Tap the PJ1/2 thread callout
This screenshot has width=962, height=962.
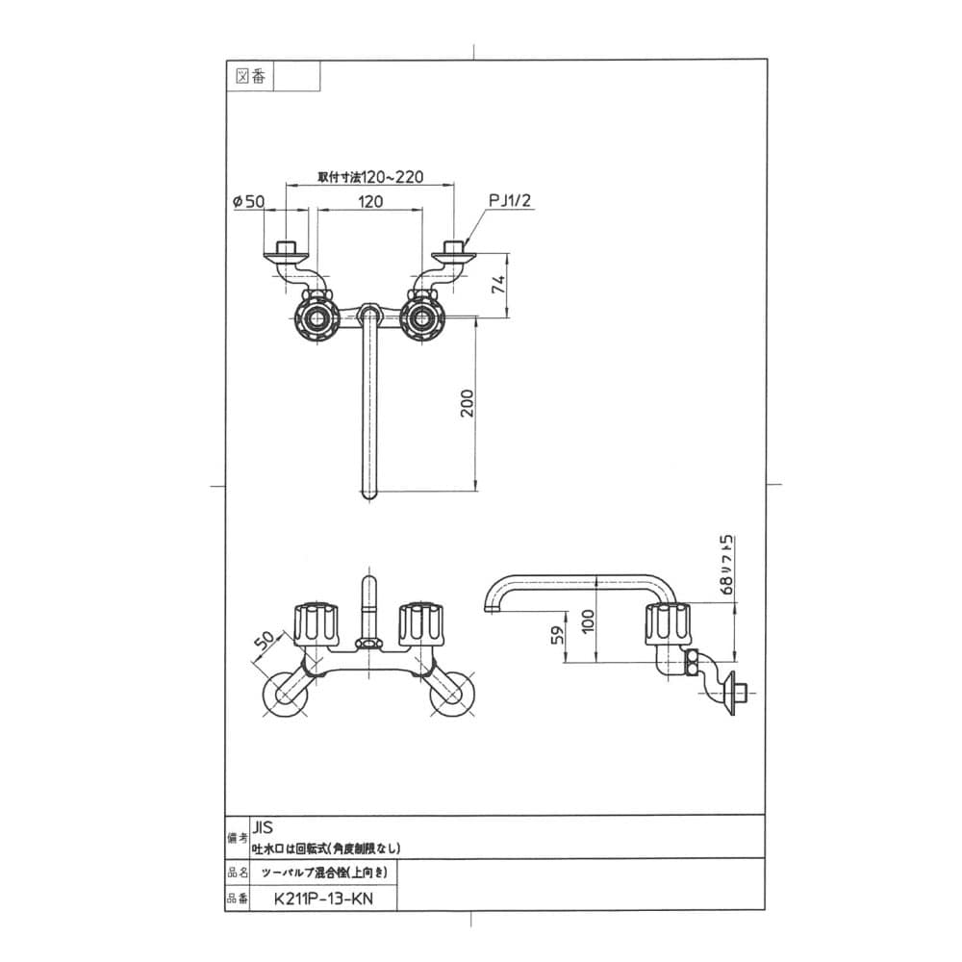click(x=510, y=200)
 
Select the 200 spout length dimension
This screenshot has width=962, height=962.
click(x=468, y=403)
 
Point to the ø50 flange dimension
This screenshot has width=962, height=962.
click(x=248, y=201)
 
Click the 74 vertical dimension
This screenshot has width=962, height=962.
click(x=498, y=284)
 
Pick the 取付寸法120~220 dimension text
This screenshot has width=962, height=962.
click(x=370, y=177)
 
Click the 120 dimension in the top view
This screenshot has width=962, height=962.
click(x=370, y=201)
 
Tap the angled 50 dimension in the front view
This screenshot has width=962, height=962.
click(x=266, y=641)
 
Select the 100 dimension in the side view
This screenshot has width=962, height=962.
click(x=588, y=621)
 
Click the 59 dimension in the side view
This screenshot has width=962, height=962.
click(x=557, y=635)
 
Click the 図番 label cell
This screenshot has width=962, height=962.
click(x=250, y=77)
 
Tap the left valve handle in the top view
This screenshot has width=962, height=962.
click(x=316, y=318)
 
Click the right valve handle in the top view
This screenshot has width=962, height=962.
click(x=421, y=318)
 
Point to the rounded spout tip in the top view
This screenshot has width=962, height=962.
click(x=368, y=494)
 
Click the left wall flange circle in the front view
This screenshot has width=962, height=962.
click(x=284, y=696)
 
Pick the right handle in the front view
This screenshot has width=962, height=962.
click(x=421, y=624)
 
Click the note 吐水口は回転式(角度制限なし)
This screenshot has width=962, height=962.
click(x=326, y=848)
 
